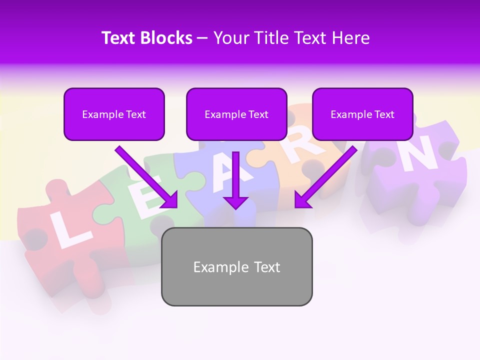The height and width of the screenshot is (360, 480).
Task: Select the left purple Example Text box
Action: coord(114,114)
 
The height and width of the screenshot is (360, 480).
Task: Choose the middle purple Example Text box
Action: coord(236,114)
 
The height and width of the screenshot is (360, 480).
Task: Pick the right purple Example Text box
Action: coord(362,114)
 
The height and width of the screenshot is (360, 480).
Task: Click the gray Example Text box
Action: coord(236,267)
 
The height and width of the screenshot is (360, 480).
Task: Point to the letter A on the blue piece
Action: coord(224,178)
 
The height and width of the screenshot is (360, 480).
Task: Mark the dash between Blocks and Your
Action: coord(202,38)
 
